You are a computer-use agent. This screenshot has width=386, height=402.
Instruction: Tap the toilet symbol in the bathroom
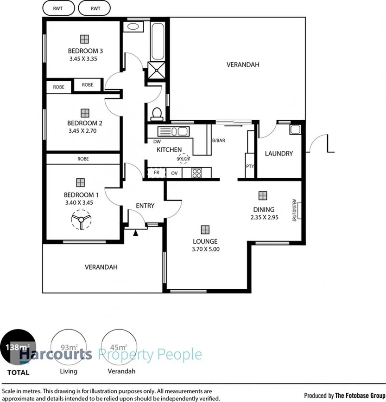click(157, 113)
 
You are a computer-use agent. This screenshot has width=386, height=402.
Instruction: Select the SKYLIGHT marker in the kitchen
click(184, 159)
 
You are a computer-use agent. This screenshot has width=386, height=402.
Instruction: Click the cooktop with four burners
click(196, 173)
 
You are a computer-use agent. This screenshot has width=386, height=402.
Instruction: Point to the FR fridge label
click(156, 173)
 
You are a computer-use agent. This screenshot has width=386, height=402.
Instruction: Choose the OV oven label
click(175, 173)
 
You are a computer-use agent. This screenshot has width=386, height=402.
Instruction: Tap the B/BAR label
click(218, 140)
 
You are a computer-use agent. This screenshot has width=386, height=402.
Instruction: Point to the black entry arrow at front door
click(136, 233)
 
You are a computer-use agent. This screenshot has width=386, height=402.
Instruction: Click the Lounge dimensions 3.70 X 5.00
click(205, 249)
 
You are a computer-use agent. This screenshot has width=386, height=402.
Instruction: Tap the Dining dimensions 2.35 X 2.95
click(264, 217)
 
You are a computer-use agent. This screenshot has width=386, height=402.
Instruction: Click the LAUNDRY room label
click(278, 154)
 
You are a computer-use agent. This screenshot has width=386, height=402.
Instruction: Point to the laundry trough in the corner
click(295, 130)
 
